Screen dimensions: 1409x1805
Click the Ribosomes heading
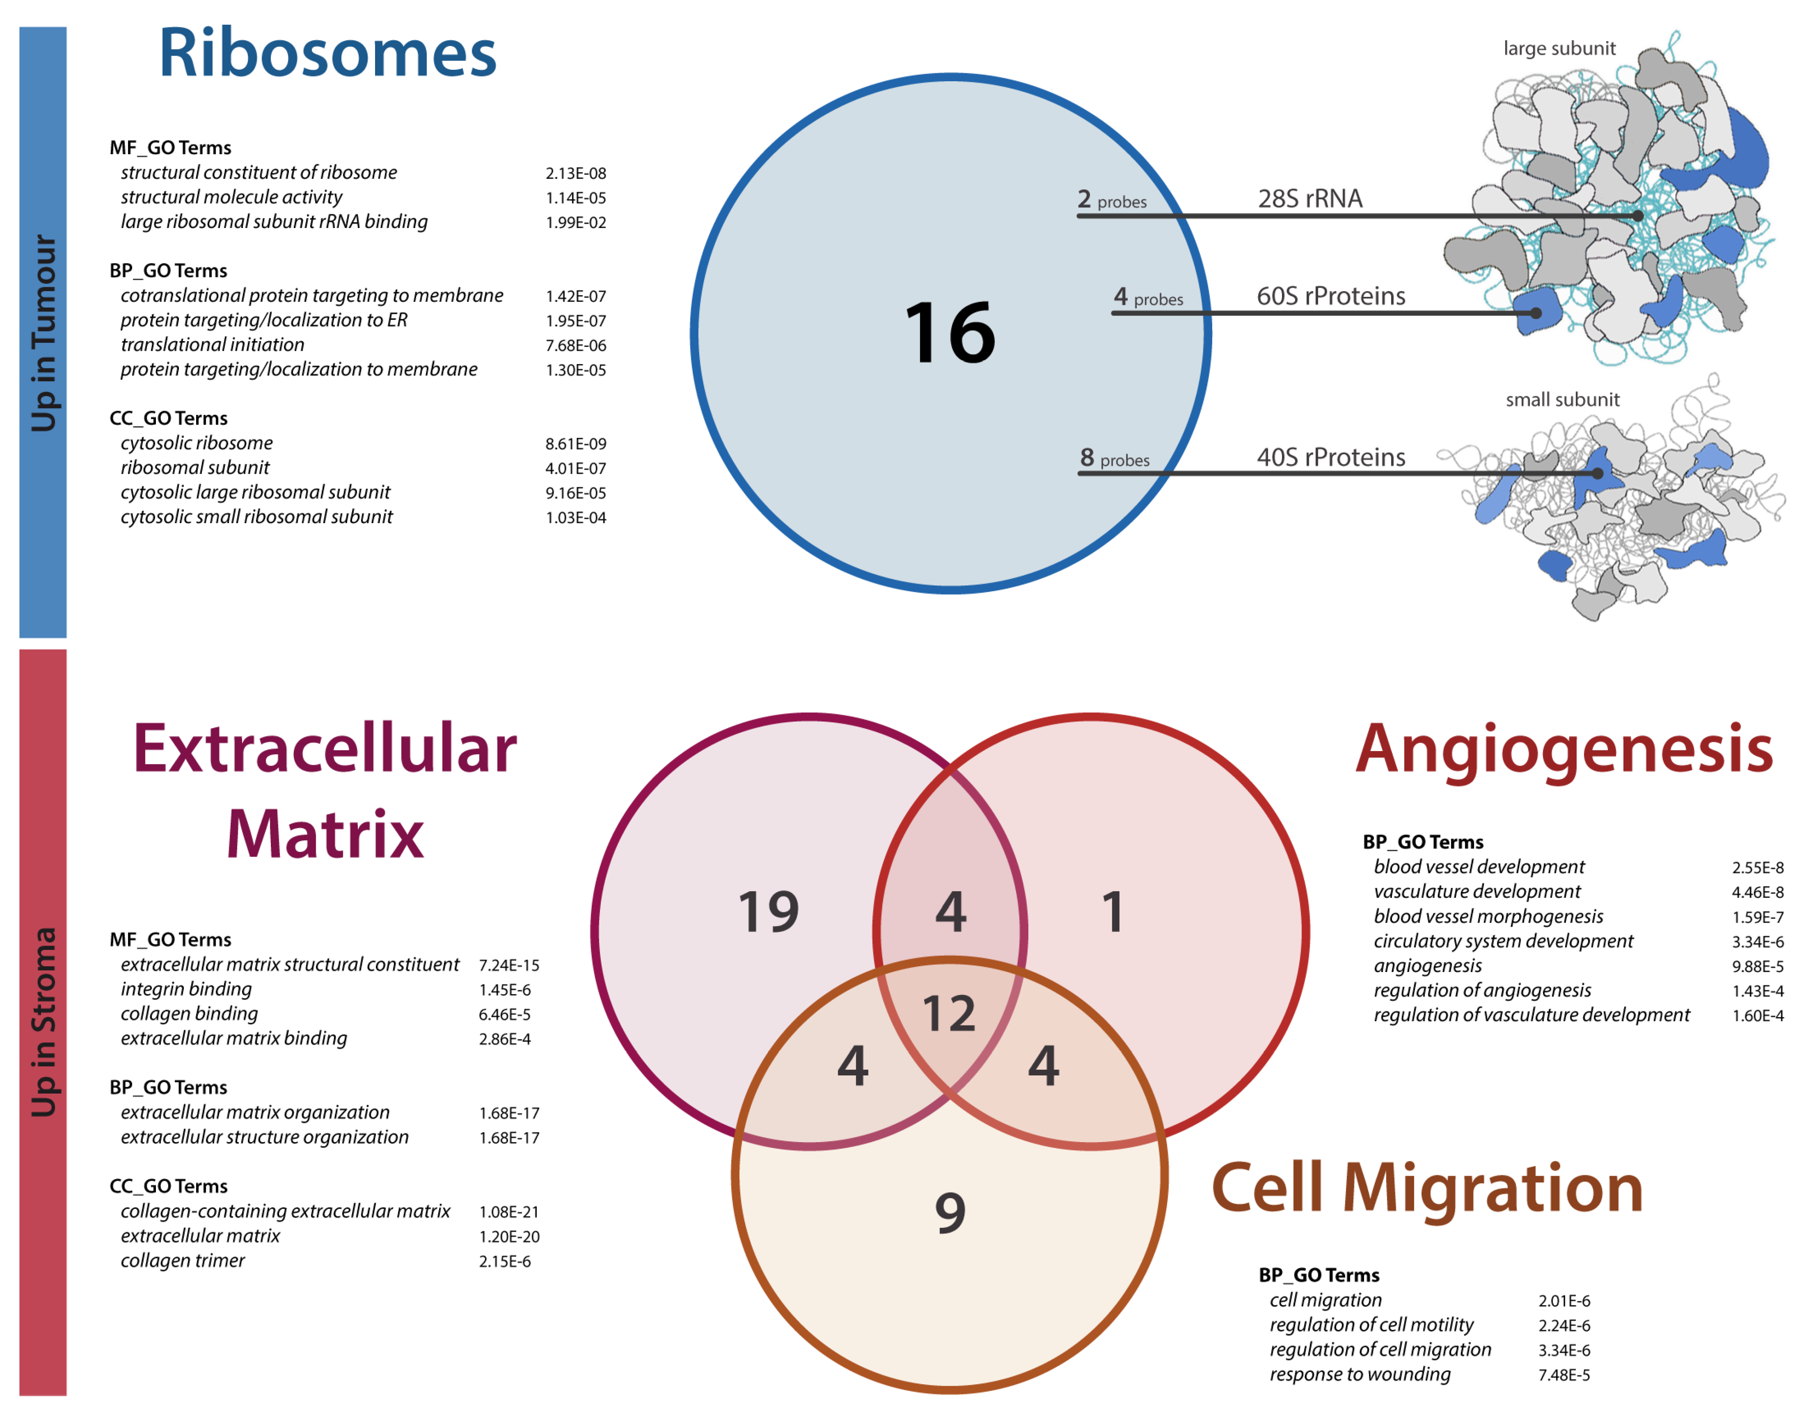tap(327, 53)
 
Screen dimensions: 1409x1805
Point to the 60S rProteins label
tap(1331, 296)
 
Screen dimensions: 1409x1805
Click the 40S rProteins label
tap(1331, 457)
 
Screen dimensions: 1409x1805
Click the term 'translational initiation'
tap(212, 345)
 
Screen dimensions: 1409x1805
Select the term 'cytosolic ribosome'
tap(197, 443)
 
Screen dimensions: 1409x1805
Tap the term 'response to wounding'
tap(1360, 1374)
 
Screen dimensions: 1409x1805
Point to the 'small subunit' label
tap(1562, 400)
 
